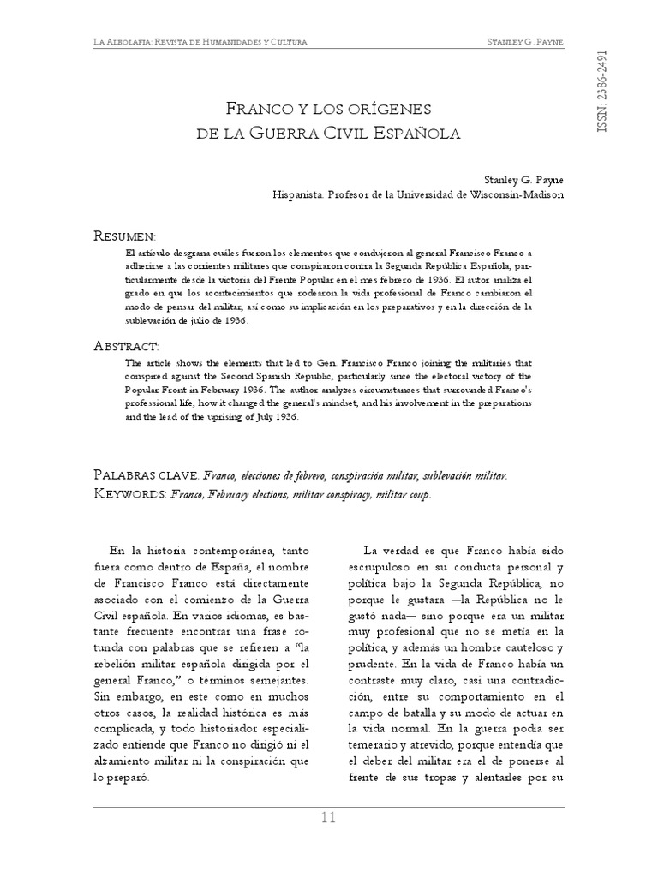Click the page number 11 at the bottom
point(328,817)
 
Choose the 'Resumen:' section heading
point(124,235)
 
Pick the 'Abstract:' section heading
point(126,345)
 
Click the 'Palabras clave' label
point(146,474)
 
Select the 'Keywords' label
point(129,494)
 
